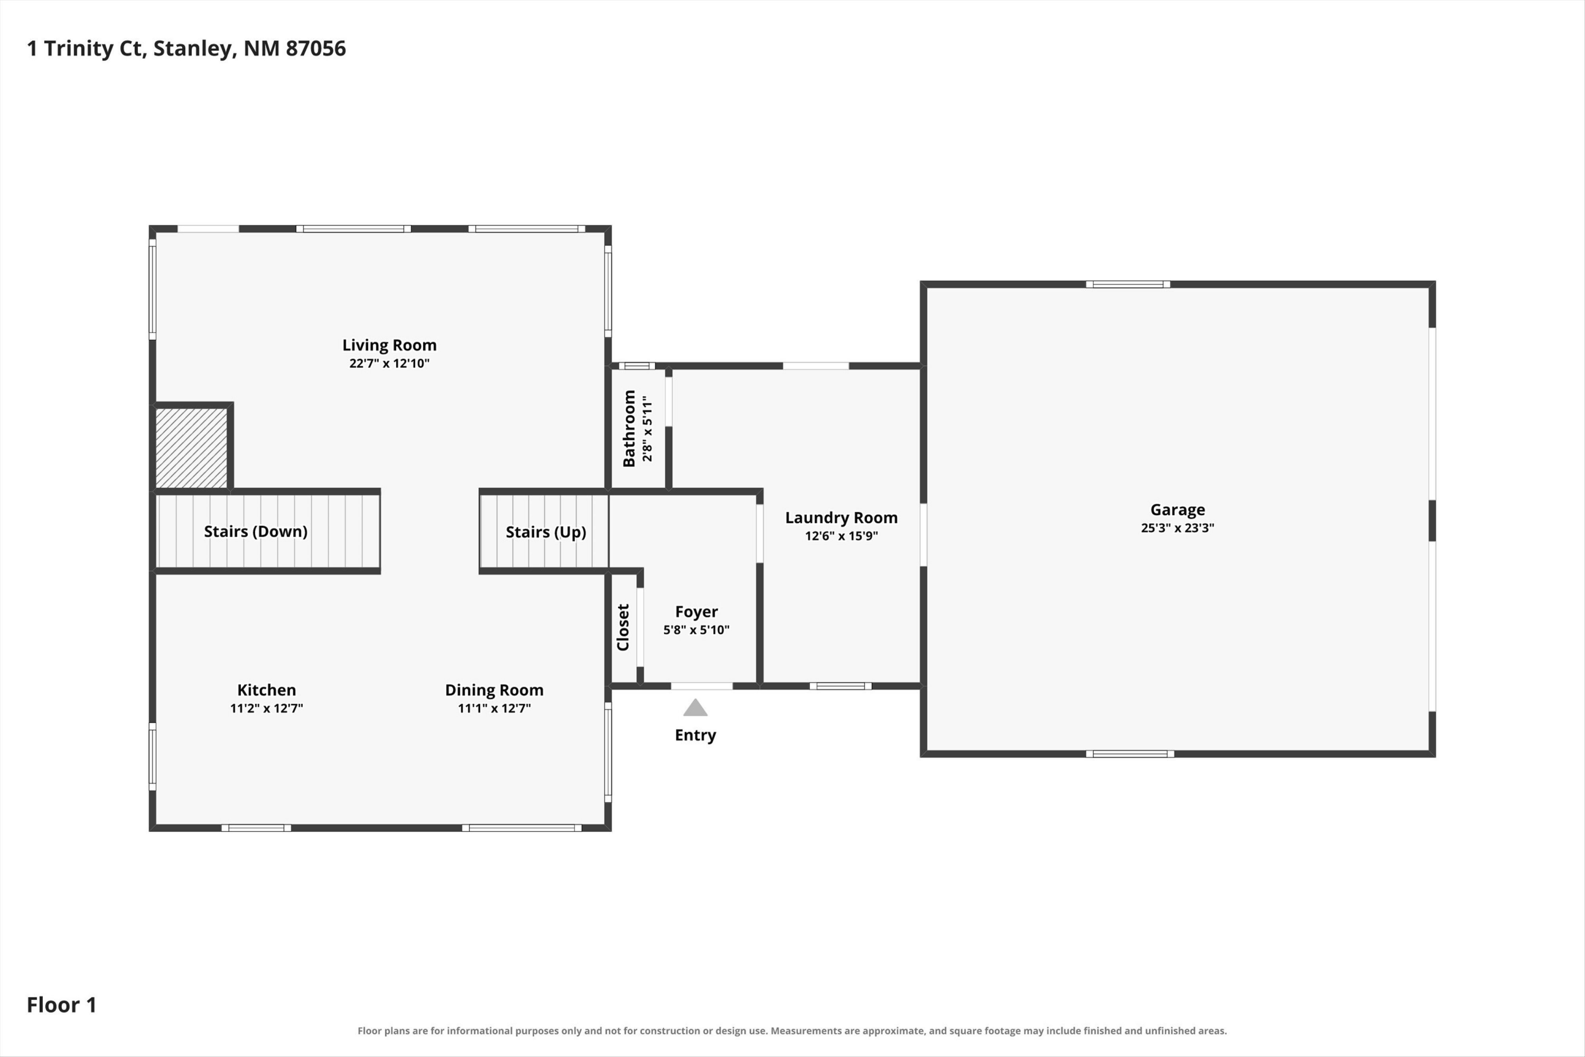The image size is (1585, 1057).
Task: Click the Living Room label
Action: click(x=389, y=345)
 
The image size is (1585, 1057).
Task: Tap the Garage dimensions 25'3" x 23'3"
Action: click(x=1177, y=528)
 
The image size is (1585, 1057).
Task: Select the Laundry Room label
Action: click(x=841, y=518)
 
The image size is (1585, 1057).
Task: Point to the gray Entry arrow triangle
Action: click(x=695, y=707)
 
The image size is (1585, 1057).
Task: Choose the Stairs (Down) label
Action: click(x=256, y=531)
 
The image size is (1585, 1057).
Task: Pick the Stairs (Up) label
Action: click(x=546, y=532)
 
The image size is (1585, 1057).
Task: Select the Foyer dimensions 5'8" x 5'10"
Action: click(x=696, y=629)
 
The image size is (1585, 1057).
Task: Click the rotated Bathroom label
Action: click(x=629, y=428)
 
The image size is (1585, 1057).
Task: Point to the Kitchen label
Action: click(x=266, y=690)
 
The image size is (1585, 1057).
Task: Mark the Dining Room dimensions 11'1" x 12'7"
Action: click(x=494, y=708)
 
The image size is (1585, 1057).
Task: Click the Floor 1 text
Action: click(x=61, y=1005)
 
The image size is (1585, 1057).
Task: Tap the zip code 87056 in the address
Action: click(x=315, y=49)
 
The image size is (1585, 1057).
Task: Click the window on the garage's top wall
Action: click(x=1127, y=284)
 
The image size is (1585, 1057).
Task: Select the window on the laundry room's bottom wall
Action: click(x=841, y=686)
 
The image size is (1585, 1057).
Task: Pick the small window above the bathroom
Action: click(x=637, y=366)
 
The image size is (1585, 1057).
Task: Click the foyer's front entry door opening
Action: click(x=702, y=686)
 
